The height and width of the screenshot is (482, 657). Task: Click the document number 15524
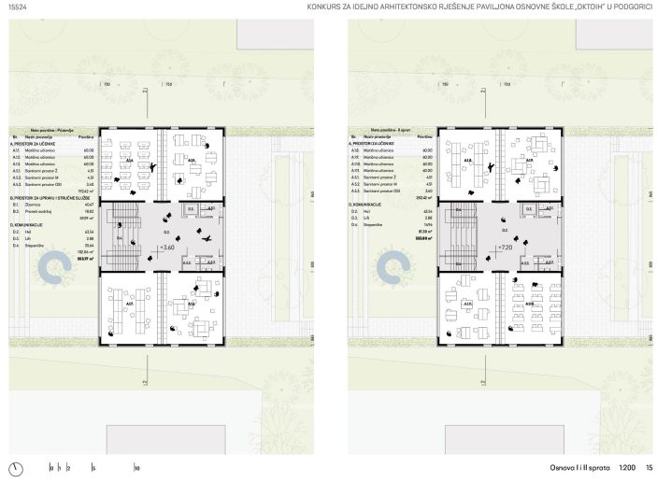(x=17, y=8)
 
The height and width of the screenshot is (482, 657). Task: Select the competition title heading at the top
(x=479, y=8)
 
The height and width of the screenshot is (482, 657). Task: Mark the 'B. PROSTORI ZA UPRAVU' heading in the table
(x=51, y=198)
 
